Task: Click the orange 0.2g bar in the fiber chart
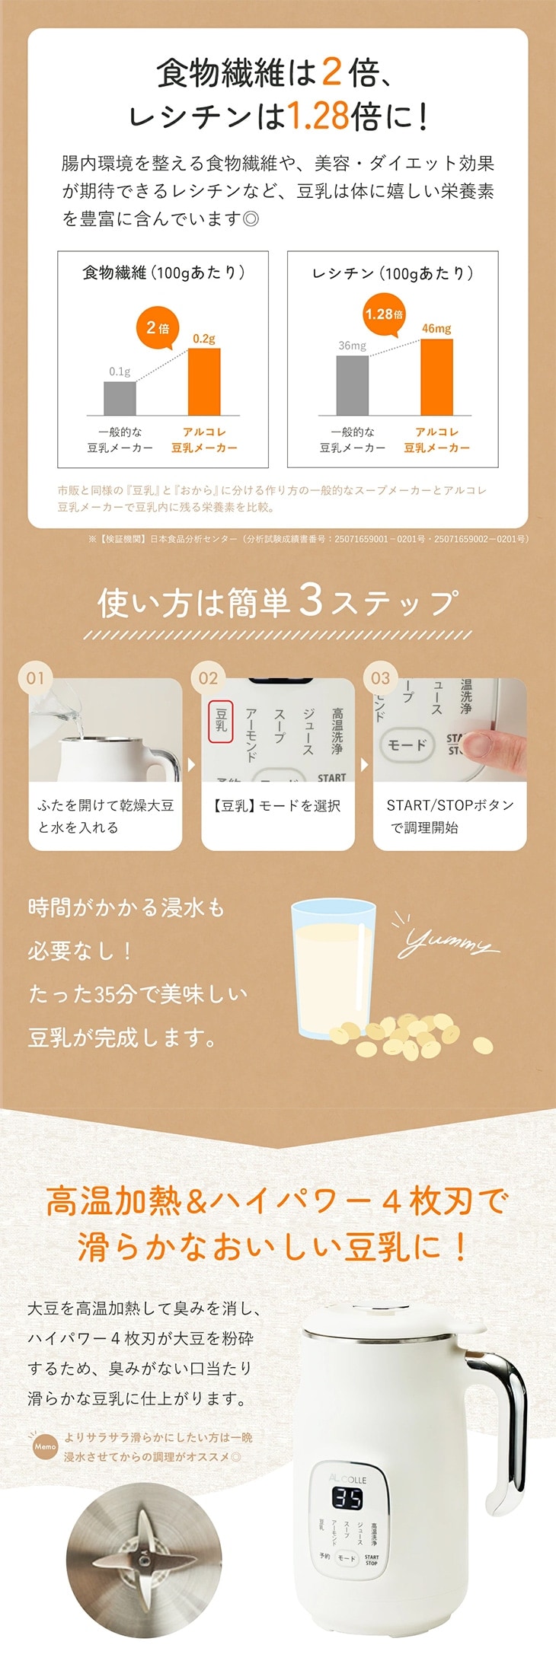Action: [204, 381]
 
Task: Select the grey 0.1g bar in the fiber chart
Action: [120, 398]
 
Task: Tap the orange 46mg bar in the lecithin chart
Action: [436, 377]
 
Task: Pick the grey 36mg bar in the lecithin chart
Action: [353, 385]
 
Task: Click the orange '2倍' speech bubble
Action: [158, 329]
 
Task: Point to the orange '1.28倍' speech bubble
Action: [384, 314]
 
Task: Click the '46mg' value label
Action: [436, 328]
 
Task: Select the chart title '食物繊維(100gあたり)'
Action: [163, 273]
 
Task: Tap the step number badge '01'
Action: [36, 677]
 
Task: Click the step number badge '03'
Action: [380, 677]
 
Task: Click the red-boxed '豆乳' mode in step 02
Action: [221, 720]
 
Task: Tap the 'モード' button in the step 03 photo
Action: [407, 744]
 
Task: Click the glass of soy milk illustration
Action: [334, 967]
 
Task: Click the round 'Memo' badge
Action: [46, 1446]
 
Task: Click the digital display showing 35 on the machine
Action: [347, 1498]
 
